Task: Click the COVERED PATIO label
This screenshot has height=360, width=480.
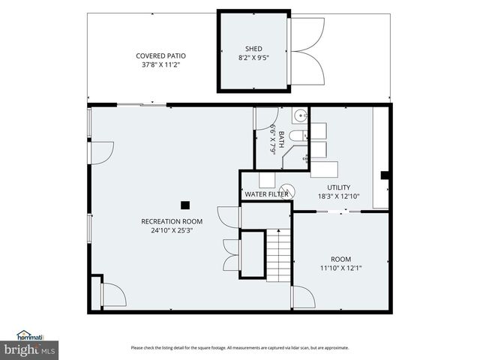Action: (x=160, y=55)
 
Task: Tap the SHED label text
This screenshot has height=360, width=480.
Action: (x=253, y=49)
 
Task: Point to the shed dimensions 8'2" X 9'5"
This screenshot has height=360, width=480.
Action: (x=253, y=58)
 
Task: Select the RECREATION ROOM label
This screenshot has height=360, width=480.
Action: (x=172, y=221)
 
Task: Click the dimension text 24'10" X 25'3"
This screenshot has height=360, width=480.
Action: (x=172, y=231)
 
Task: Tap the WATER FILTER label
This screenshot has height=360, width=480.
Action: (x=266, y=195)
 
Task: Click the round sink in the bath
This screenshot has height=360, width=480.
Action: (x=299, y=115)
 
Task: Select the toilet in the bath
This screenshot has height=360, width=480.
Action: (x=298, y=136)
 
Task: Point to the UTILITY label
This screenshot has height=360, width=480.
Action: (x=338, y=187)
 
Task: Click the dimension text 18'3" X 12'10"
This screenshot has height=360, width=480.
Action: (x=338, y=196)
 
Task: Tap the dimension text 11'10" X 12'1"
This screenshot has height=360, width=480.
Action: (x=340, y=267)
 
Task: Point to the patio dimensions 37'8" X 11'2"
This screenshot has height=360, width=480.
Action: (x=160, y=65)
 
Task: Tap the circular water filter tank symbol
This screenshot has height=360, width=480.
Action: (x=288, y=192)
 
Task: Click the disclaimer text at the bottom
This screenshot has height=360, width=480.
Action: (x=239, y=347)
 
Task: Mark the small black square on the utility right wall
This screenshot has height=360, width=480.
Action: (x=385, y=175)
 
